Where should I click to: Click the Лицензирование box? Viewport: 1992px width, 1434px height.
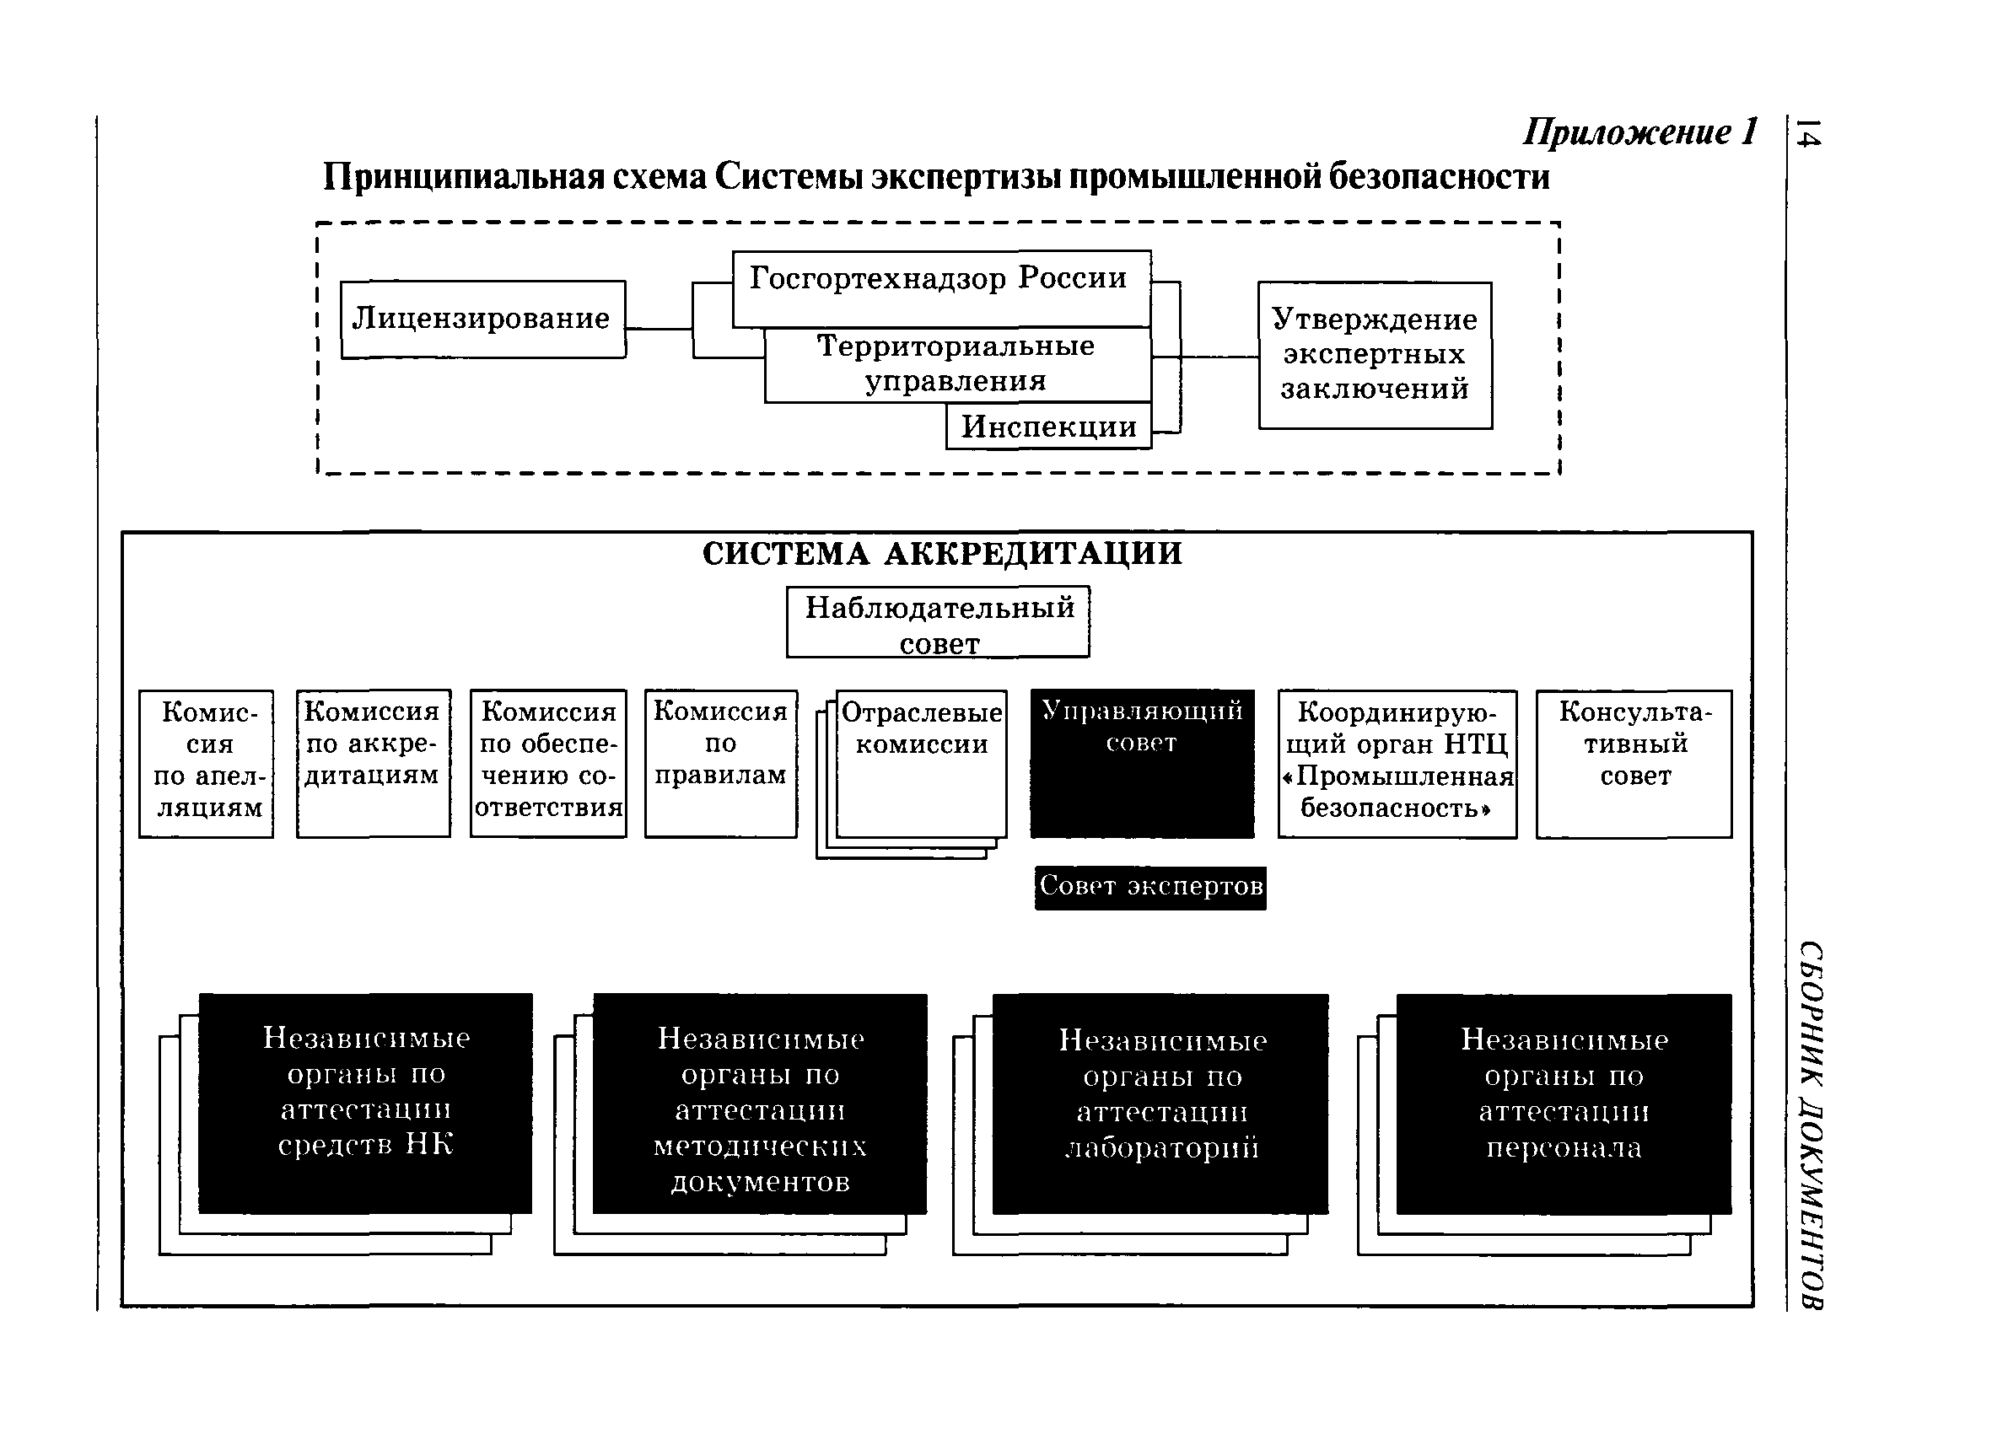(x=482, y=319)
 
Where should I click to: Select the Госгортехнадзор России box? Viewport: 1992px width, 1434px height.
(x=940, y=288)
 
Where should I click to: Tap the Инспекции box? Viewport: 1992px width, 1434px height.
(x=1047, y=427)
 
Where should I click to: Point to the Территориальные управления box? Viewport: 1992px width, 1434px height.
(x=956, y=364)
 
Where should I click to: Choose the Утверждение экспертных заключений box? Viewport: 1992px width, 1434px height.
(x=1375, y=355)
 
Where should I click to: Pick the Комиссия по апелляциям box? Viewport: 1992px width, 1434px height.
(x=207, y=763)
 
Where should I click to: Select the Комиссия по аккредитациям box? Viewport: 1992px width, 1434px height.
(x=374, y=763)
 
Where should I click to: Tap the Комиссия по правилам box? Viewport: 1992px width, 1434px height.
(x=721, y=763)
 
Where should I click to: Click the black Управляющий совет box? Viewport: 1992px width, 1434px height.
(x=1142, y=763)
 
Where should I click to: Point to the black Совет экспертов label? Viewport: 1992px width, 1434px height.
(x=1150, y=887)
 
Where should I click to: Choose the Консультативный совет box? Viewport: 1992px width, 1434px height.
(x=1634, y=763)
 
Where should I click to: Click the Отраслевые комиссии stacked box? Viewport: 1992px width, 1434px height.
(x=921, y=763)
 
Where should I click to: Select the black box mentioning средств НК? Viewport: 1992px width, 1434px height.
(x=365, y=1103)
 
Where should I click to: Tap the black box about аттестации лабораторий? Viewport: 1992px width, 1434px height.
(x=1160, y=1103)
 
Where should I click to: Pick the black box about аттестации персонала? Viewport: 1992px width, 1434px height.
(x=1564, y=1103)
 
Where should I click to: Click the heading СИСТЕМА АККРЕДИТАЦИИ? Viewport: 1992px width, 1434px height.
(x=941, y=554)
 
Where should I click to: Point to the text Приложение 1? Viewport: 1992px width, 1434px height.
(x=1639, y=132)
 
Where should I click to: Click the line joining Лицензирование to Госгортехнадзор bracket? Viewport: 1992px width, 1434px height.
(x=659, y=330)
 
